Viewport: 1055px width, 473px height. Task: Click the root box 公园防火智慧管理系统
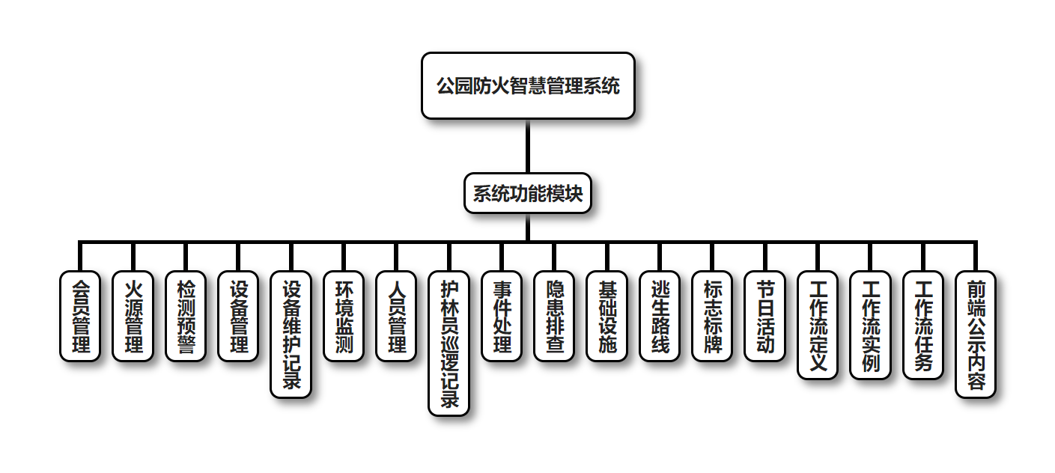(x=528, y=85)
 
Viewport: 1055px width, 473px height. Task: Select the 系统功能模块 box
(x=528, y=194)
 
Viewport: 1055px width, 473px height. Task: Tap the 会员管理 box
(x=80, y=316)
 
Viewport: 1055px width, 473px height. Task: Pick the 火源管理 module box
(x=133, y=316)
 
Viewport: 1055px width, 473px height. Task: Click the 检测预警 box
(x=186, y=316)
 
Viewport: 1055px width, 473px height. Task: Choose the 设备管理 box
(x=238, y=316)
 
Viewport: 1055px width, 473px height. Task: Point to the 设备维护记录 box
(x=291, y=334)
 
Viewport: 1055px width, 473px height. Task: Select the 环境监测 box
(x=344, y=316)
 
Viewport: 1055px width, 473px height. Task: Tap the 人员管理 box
(x=396, y=316)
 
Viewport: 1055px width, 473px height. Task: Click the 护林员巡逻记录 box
(x=449, y=343)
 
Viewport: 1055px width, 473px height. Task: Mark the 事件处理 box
(x=502, y=316)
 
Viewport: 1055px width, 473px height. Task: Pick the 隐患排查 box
(x=554, y=316)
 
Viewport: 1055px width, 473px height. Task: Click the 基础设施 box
(x=607, y=316)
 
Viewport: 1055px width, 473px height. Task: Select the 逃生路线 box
(x=660, y=316)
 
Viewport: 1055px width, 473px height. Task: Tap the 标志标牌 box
(x=712, y=316)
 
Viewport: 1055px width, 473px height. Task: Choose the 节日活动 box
(x=765, y=316)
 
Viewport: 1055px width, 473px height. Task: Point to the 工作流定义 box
(x=818, y=325)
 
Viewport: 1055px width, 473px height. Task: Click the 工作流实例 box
(x=871, y=325)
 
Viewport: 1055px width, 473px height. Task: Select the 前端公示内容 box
(x=976, y=334)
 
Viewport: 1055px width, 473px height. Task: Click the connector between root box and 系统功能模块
(x=528, y=146)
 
